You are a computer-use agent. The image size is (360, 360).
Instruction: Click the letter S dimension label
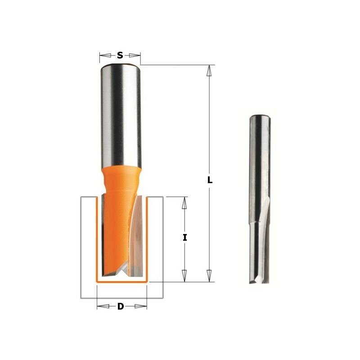pyautogui.click(x=120, y=55)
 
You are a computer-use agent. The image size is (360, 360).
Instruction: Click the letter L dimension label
pyautogui.click(x=210, y=180)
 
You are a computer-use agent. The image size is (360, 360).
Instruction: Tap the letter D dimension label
pyautogui.click(x=121, y=306)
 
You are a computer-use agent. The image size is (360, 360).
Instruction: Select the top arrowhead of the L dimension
pyautogui.click(x=209, y=71)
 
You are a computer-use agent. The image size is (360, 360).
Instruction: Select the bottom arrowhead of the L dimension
pyautogui.click(x=209, y=275)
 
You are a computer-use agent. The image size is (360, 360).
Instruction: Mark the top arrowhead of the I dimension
pyautogui.click(x=184, y=203)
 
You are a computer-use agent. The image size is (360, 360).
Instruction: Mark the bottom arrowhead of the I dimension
pyautogui.click(x=184, y=275)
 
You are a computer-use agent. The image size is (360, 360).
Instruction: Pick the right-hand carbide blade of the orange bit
pyautogui.click(x=138, y=234)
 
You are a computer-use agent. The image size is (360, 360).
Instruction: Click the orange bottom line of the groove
pyautogui.click(x=121, y=282)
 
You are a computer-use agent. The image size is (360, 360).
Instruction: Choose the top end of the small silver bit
pyautogui.click(x=259, y=116)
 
